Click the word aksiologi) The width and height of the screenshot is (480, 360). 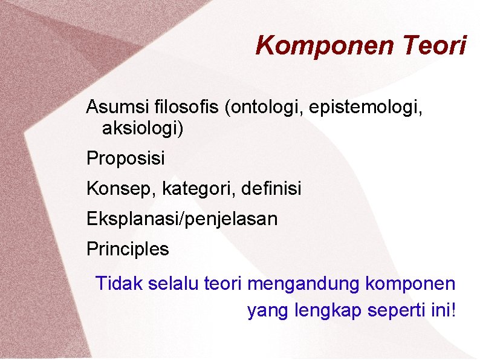(144, 128)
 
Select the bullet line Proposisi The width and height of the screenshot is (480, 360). (126, 159)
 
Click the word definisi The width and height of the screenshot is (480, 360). (271, 189)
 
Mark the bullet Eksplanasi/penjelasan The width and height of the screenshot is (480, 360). (182, 219)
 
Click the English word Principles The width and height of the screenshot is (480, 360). (128, 249)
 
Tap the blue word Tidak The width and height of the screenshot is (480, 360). (118, 283)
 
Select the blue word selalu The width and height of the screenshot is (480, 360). (172, 283)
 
